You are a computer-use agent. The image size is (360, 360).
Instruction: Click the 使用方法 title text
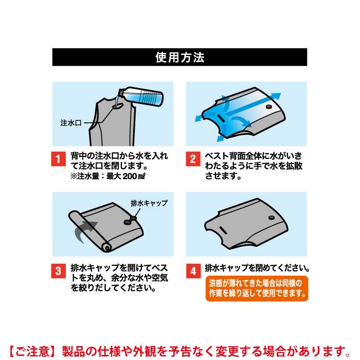[x=180, y=57]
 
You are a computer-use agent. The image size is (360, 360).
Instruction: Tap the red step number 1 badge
[x=58, y=158]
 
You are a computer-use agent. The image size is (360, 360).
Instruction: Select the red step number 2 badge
[x=193, y=158]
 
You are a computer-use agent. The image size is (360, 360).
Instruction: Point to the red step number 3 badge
[x=58, y=271]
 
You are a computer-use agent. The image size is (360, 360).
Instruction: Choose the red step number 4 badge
[x=193, y=271]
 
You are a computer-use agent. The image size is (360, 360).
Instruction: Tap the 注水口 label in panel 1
[x=71, y=123]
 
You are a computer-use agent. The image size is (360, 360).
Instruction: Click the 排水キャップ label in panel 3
[x=149, y=203]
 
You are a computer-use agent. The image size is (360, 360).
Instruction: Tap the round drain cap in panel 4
[x=272, y=218]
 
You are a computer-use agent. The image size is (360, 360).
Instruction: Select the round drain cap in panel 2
[x=268, y=107]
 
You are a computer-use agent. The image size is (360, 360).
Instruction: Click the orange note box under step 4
[x=257, y=289]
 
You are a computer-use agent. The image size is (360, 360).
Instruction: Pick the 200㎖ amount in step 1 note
[x=134, y=176]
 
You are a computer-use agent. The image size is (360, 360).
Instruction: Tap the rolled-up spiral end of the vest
[x=107, y=248]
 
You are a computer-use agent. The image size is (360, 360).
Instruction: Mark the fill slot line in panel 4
[x=223, y=230]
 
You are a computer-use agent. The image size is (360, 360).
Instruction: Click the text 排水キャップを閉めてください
[x=257, y=268]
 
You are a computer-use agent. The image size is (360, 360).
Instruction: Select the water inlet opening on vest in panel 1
[x=118, y=106]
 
